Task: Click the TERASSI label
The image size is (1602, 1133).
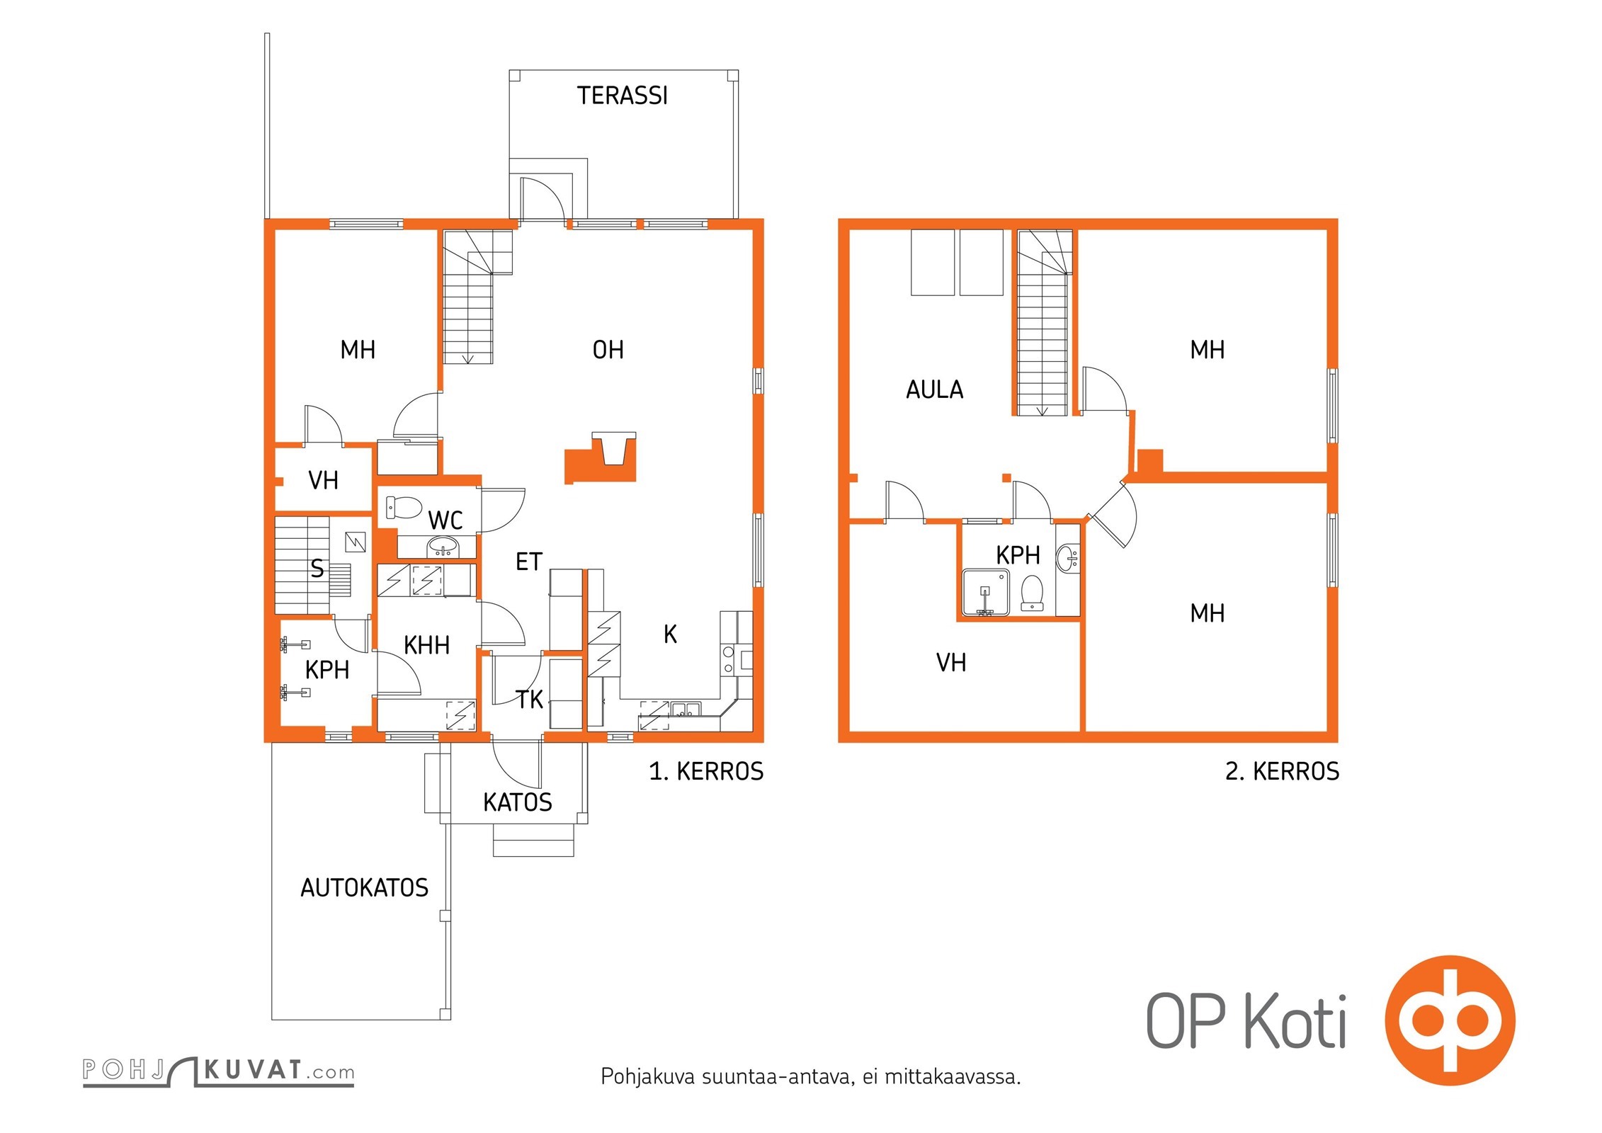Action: [x=622, y=96]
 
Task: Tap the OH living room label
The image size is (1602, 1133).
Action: [x=608, y=350]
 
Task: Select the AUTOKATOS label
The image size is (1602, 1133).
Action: [x=364, y=888]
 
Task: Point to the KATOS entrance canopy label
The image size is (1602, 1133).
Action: [x=517, y=802]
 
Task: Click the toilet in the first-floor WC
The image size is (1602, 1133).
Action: [x=403, y=508]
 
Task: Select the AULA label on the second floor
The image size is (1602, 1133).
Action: [x=934, y=389]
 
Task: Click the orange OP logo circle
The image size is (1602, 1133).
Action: [x=1450, y=1020]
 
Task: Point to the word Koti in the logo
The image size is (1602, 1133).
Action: [x=1295, y=1021]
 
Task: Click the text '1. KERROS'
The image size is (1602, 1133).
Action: [x=706, y=771]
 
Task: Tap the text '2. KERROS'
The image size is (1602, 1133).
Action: [x=1282, y=771]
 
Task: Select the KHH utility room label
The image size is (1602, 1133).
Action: [x=426, y=645]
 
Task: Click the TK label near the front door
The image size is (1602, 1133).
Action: [x=529, y=700]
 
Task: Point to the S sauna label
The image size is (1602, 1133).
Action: [x=317, y=569]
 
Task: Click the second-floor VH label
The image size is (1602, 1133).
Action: [x=950, y=663]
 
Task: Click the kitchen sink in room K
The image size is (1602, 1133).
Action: [x=686, y=709]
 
